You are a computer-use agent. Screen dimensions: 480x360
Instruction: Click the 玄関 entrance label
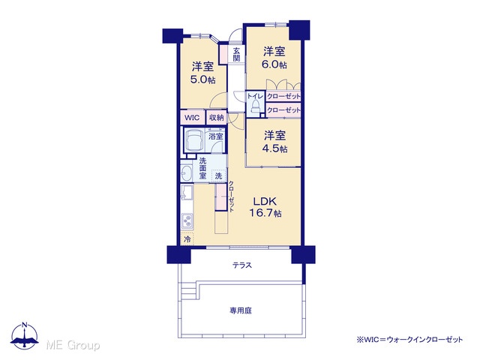coord(236,55)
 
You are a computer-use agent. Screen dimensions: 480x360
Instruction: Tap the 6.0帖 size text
coord(274,64)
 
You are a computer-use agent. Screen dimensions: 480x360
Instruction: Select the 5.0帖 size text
coord(202,79)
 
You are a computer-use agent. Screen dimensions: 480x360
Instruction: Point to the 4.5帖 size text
coord(274,148)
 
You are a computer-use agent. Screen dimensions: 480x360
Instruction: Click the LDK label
coord(265,201)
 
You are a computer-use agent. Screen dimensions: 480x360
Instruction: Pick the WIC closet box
coord(192,118)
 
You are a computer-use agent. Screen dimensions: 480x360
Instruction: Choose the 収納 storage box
coord(217,118)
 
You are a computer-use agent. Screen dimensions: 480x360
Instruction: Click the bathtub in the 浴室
coord(194,139)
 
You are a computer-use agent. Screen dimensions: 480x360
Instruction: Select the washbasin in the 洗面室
coord(186,174)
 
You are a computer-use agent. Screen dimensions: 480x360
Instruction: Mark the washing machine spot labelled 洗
coord(218,175)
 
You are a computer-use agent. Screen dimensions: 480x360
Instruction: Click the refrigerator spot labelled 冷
coord(187,238)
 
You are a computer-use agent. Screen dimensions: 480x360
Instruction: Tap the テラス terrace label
coord(241,265)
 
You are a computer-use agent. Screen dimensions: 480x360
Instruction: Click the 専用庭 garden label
coord(241,310)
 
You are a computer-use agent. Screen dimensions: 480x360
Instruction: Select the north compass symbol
coord(25,335)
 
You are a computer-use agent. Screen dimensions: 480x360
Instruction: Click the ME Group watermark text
coord(73,345)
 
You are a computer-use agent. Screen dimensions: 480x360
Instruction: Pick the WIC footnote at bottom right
coord(409,339)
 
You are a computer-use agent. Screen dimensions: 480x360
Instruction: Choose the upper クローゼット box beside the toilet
coord(283,96)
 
